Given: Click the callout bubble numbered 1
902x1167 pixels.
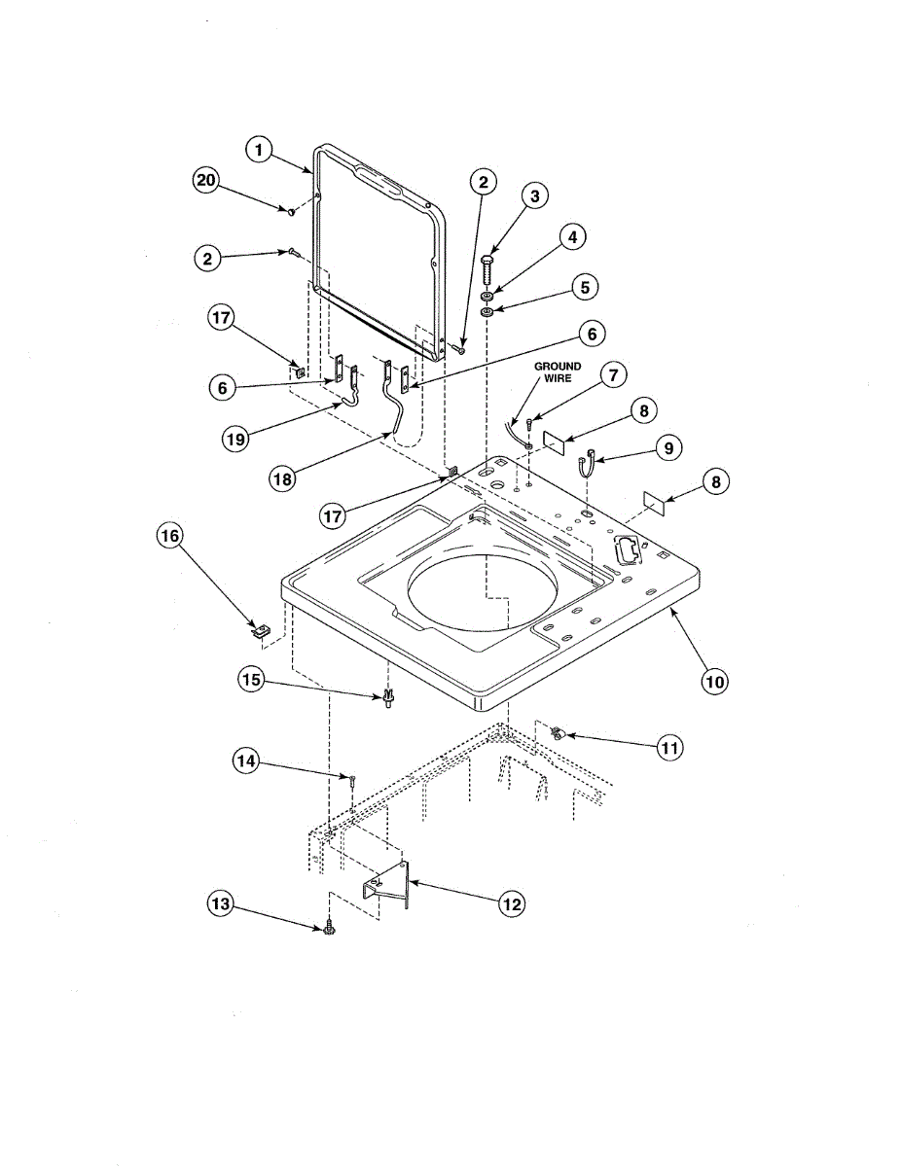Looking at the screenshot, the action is (259, 151).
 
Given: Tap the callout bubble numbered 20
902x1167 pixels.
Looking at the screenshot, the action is (205, 181).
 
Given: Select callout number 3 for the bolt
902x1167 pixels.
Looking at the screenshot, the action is (534, 196).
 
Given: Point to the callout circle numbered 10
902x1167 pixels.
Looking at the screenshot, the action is (714, 682).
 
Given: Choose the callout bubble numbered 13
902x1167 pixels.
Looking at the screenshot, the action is (221, 904).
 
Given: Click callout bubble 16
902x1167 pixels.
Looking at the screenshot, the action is (169, 536).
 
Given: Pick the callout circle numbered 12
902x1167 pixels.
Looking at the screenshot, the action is (512, 904).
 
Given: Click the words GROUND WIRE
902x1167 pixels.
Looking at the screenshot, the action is (558, 372).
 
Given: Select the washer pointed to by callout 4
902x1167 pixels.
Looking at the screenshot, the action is (487, 297).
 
